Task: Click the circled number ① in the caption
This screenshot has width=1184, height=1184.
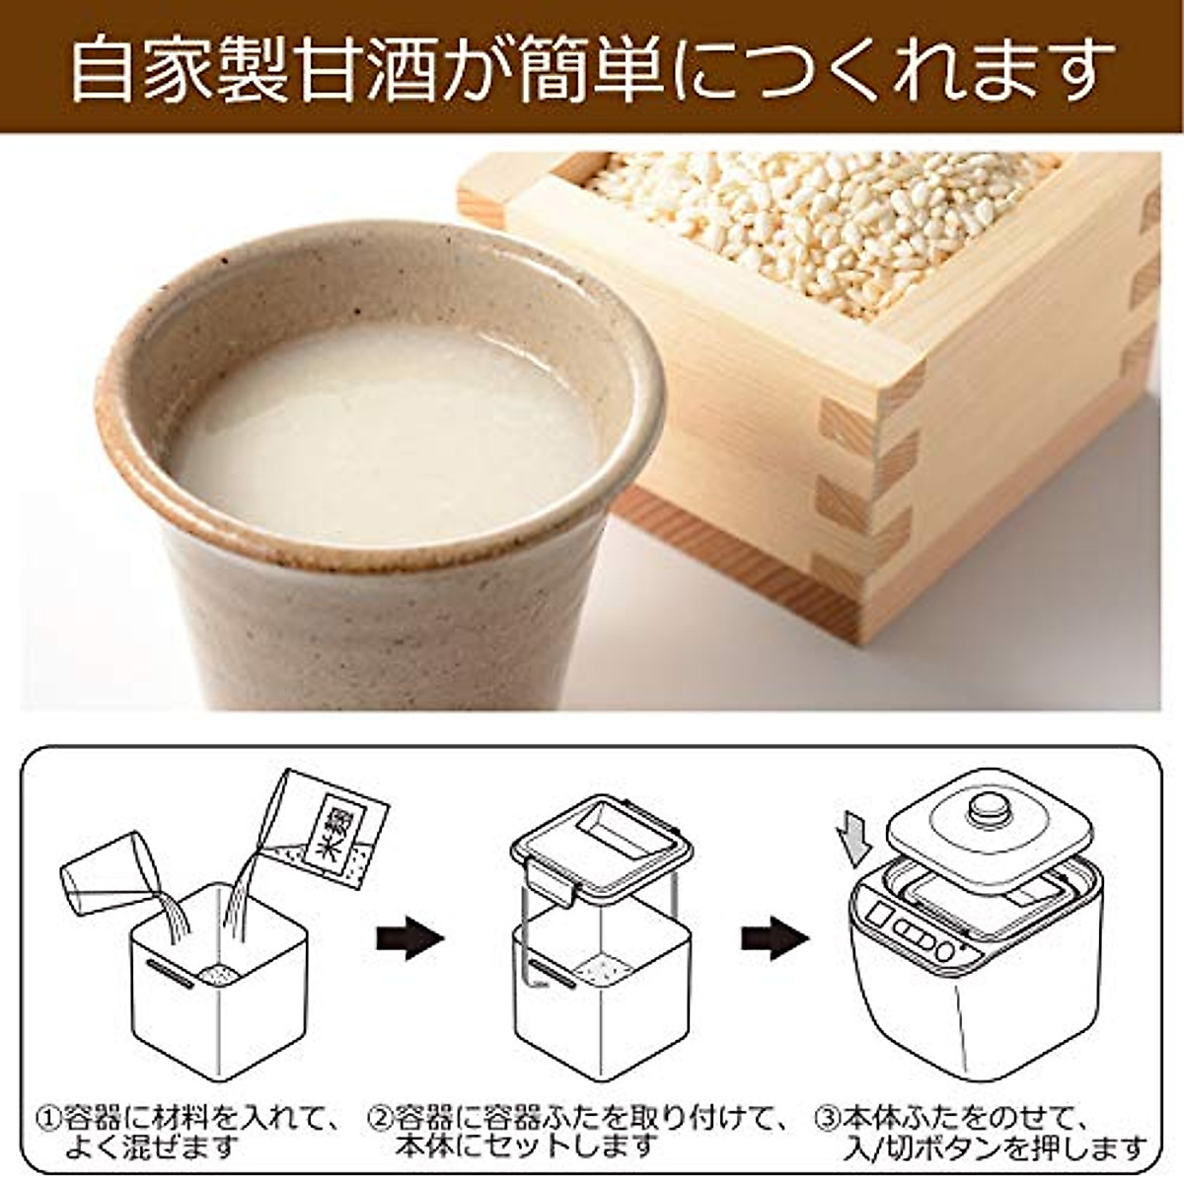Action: coord(48,1119)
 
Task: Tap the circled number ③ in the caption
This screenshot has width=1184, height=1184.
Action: coord(827,1119)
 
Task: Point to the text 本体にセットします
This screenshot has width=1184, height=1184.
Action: coord(527,1147)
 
